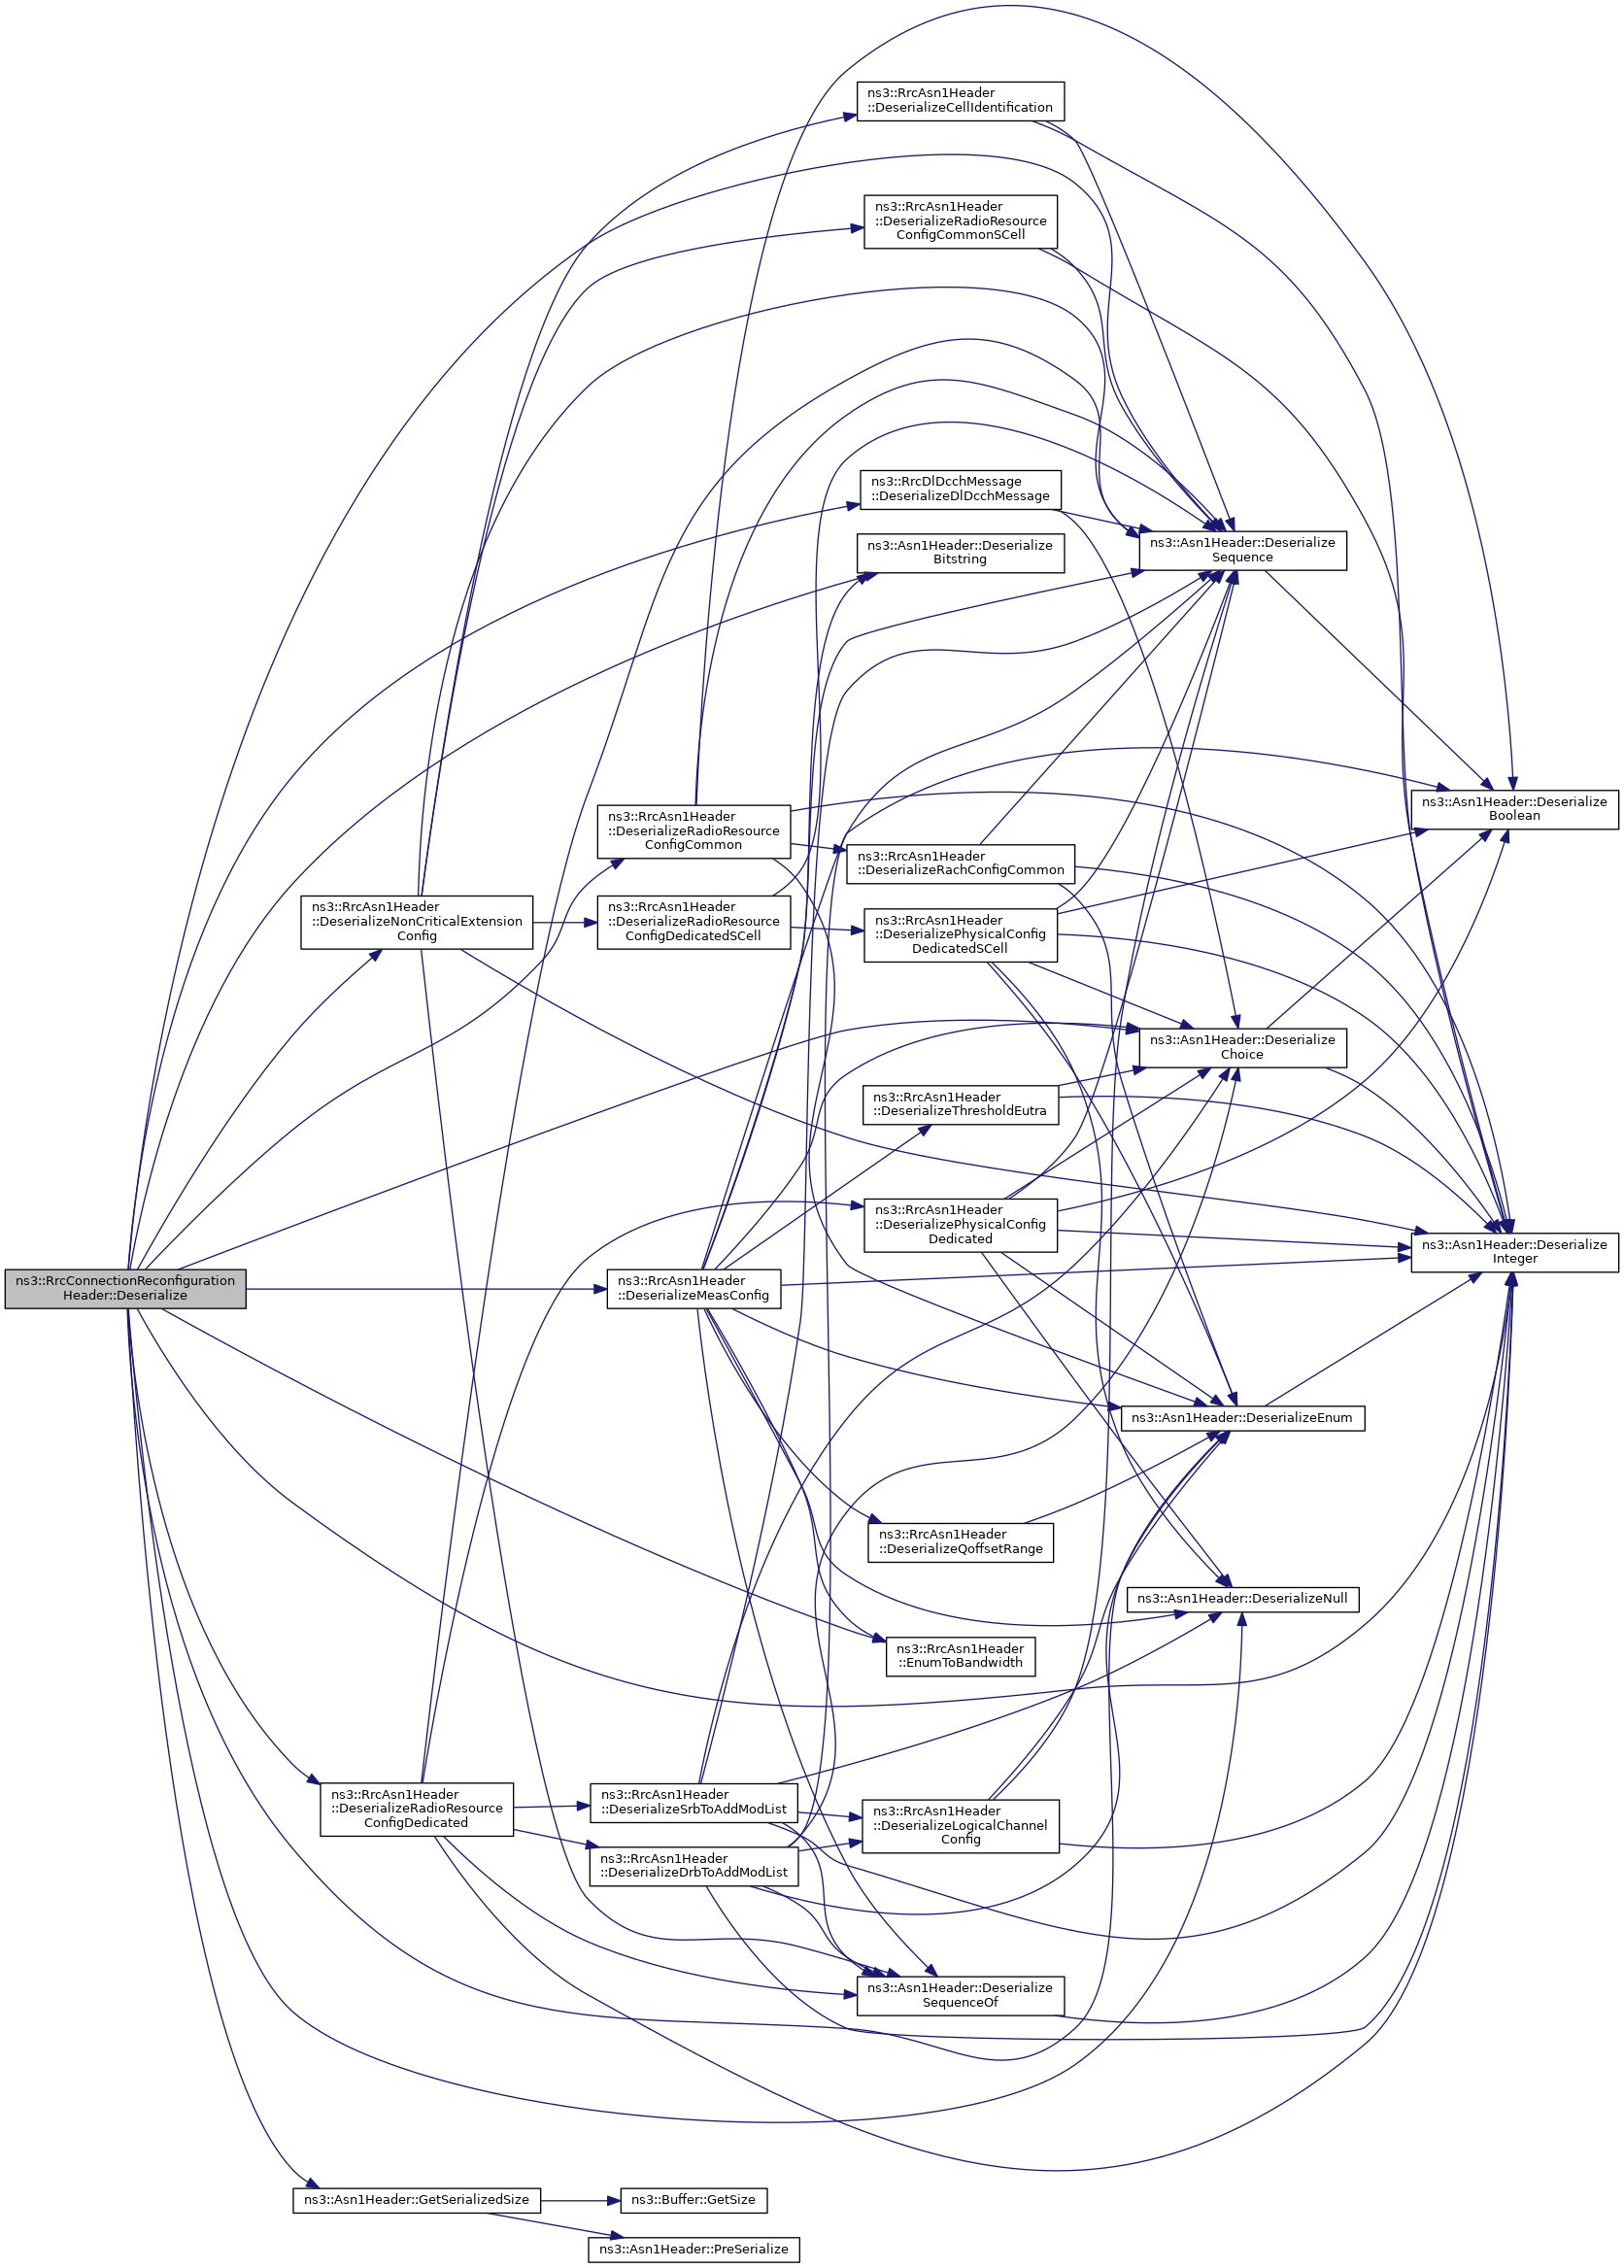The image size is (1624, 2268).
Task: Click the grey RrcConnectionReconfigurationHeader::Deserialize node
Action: (x=125, y=1288)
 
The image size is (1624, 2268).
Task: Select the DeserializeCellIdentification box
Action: (x=960, y=101)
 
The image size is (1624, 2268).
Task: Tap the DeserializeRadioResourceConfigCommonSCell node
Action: (x=960, y=221)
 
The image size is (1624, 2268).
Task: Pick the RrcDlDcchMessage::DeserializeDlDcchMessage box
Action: (x=960, y=489)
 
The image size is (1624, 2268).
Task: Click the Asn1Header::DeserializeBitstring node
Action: (x=960, y=553)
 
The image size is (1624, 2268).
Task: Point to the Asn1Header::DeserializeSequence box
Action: (x=1242, y=550)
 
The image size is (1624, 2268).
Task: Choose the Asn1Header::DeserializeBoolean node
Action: (x=1514, y=809)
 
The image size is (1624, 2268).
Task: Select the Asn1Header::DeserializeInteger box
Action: (x=1514, y=1252)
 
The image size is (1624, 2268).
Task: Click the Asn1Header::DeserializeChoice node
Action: (x=1242, y=1047)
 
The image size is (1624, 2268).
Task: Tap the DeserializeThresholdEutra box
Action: (x=960, y=1104)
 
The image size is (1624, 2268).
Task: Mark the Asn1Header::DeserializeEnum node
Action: (x=1242, y=1417)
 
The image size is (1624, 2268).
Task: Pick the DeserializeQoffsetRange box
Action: (x=960, y=1541)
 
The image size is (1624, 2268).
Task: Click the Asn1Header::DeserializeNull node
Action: (x=1242, y=1598)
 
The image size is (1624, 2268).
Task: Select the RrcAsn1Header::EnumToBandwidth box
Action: (x=960, y=1655)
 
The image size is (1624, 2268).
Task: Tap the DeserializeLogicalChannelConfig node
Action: (x=960, y=1825)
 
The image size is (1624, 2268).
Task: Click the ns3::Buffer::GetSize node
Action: (x=693, y=2200)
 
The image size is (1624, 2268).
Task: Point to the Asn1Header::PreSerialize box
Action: (x=693, y=2249)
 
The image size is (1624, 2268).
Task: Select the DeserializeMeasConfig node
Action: (x=693, y=1288)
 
